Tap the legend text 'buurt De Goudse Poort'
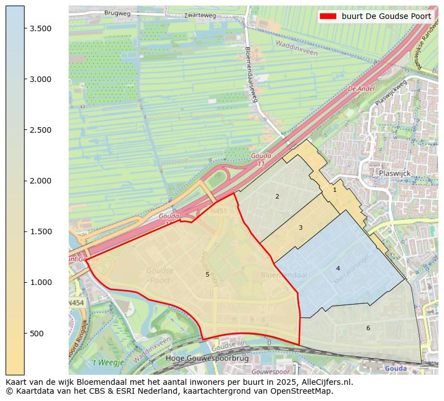[x=386, y=16]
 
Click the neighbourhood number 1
[x=335, y=190]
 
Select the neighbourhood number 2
[x=277, y=196]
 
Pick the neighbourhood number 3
[x=300, y=228]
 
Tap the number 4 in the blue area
[x=338, y=268]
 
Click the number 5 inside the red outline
[x=207, y=274]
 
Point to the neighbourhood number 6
[x=368, y=328]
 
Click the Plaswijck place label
[x=394, y=173]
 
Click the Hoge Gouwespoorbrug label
[x=199, y=358]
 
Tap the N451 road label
[x=218, y=211]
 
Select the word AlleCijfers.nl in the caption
[x=328, y=383]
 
